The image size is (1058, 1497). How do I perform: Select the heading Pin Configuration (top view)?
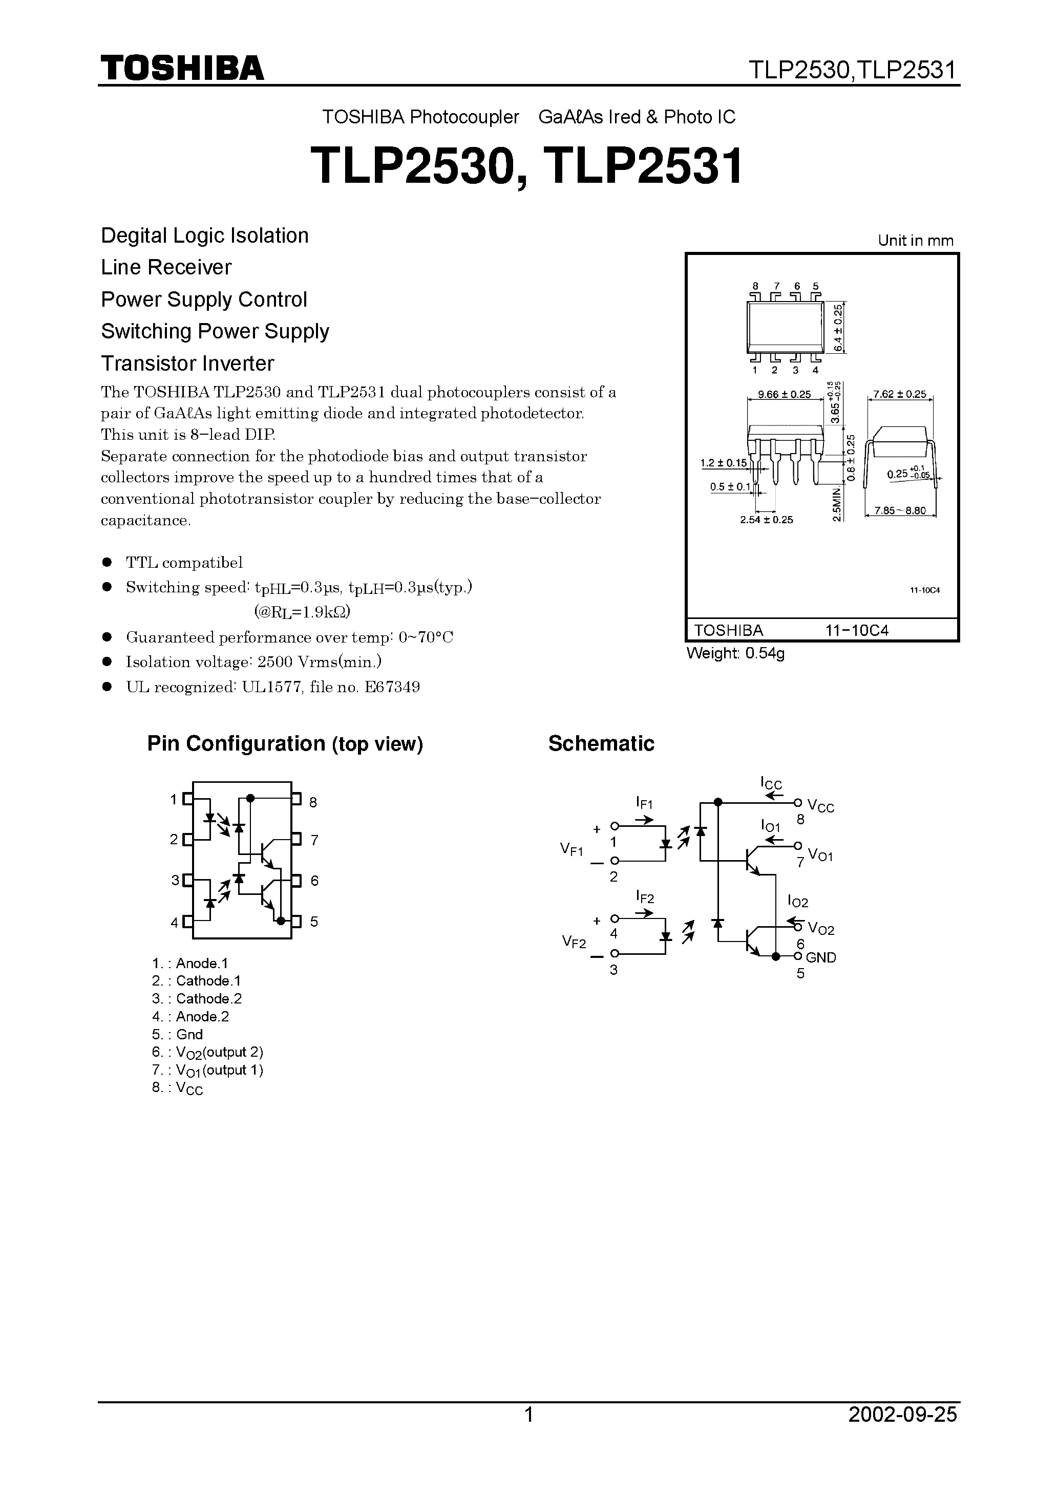[x=285, y=743]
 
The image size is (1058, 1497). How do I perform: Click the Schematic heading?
[x=601, y=743]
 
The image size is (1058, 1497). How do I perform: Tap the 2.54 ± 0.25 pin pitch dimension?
[x=767, y=520]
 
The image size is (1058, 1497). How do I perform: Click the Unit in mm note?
[x=915, y=241]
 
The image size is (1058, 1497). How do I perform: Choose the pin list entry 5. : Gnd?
[x=177, y=1034]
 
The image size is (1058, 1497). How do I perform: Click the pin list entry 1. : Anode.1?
[x=190, y=963]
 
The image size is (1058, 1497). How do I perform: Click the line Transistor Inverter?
[x=187, y=363]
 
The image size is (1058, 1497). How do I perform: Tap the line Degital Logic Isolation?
[x=204, y=236]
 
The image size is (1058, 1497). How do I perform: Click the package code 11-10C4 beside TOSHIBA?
[x=856, y=630]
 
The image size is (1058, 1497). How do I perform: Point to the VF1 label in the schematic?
[x=572, y=849]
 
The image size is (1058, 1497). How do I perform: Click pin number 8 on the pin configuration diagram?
[x=313, y=803]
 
